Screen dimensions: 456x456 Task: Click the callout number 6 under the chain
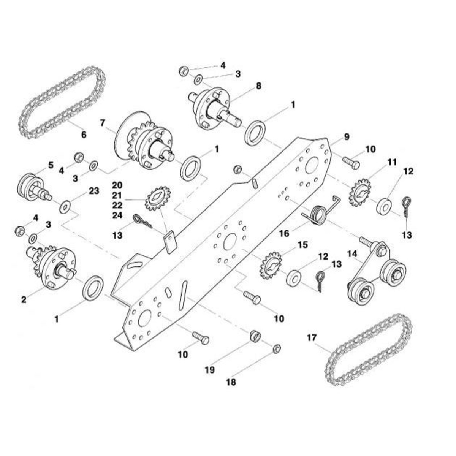[x=84, y=135]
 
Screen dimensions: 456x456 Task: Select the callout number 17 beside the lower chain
[x=312, y=337]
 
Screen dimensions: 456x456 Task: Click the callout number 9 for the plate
[x=347, y=137]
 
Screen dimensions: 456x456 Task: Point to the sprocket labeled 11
[x=360, y=196]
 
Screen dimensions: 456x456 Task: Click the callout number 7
[x=102, y=123]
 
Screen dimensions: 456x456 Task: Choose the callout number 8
[x=259, y=86]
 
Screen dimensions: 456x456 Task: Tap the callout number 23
[x=93, y=191]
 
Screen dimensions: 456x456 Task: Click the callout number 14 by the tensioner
[x=352, y=254]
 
